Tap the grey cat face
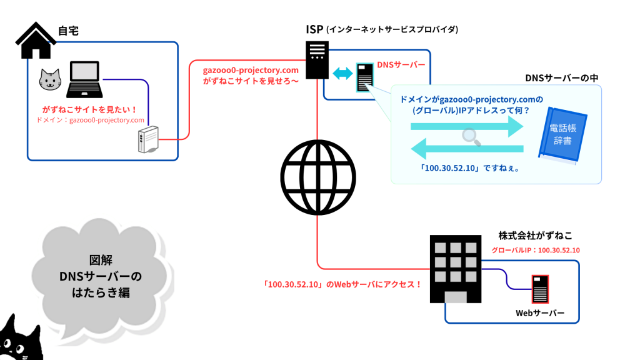[x=50, y=80]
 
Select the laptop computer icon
[x=84, y=80]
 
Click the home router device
[x=148, y=140]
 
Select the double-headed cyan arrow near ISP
[x=342, y=74]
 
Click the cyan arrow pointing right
[x=466, y=126]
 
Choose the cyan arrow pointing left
[x=466, y=149]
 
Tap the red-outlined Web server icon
[x=540, y=289]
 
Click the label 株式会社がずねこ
[x=535, y=236]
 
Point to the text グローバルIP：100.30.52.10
[x=536, y=250]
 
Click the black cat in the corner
[x=19, y=341]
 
